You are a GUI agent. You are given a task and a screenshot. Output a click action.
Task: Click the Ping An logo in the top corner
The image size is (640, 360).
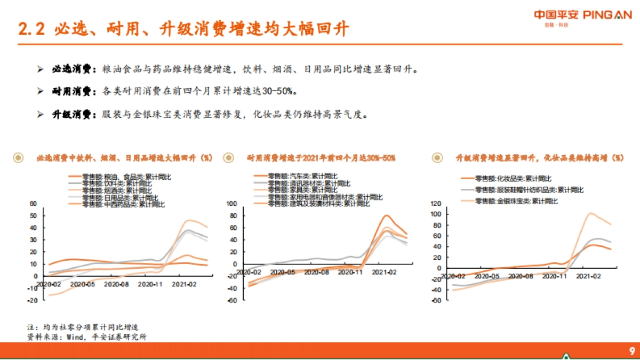[582, 16]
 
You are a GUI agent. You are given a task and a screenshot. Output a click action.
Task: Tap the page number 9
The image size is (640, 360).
[631, 351]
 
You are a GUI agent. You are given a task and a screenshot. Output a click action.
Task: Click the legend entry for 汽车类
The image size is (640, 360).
[302, 176]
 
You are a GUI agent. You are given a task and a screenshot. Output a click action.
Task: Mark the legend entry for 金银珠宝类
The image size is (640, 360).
[516, 201]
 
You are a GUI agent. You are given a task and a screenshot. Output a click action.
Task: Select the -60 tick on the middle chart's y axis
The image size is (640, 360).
[233, 301]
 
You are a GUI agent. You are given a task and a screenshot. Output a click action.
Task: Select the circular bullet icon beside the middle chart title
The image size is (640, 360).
[229, 158]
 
